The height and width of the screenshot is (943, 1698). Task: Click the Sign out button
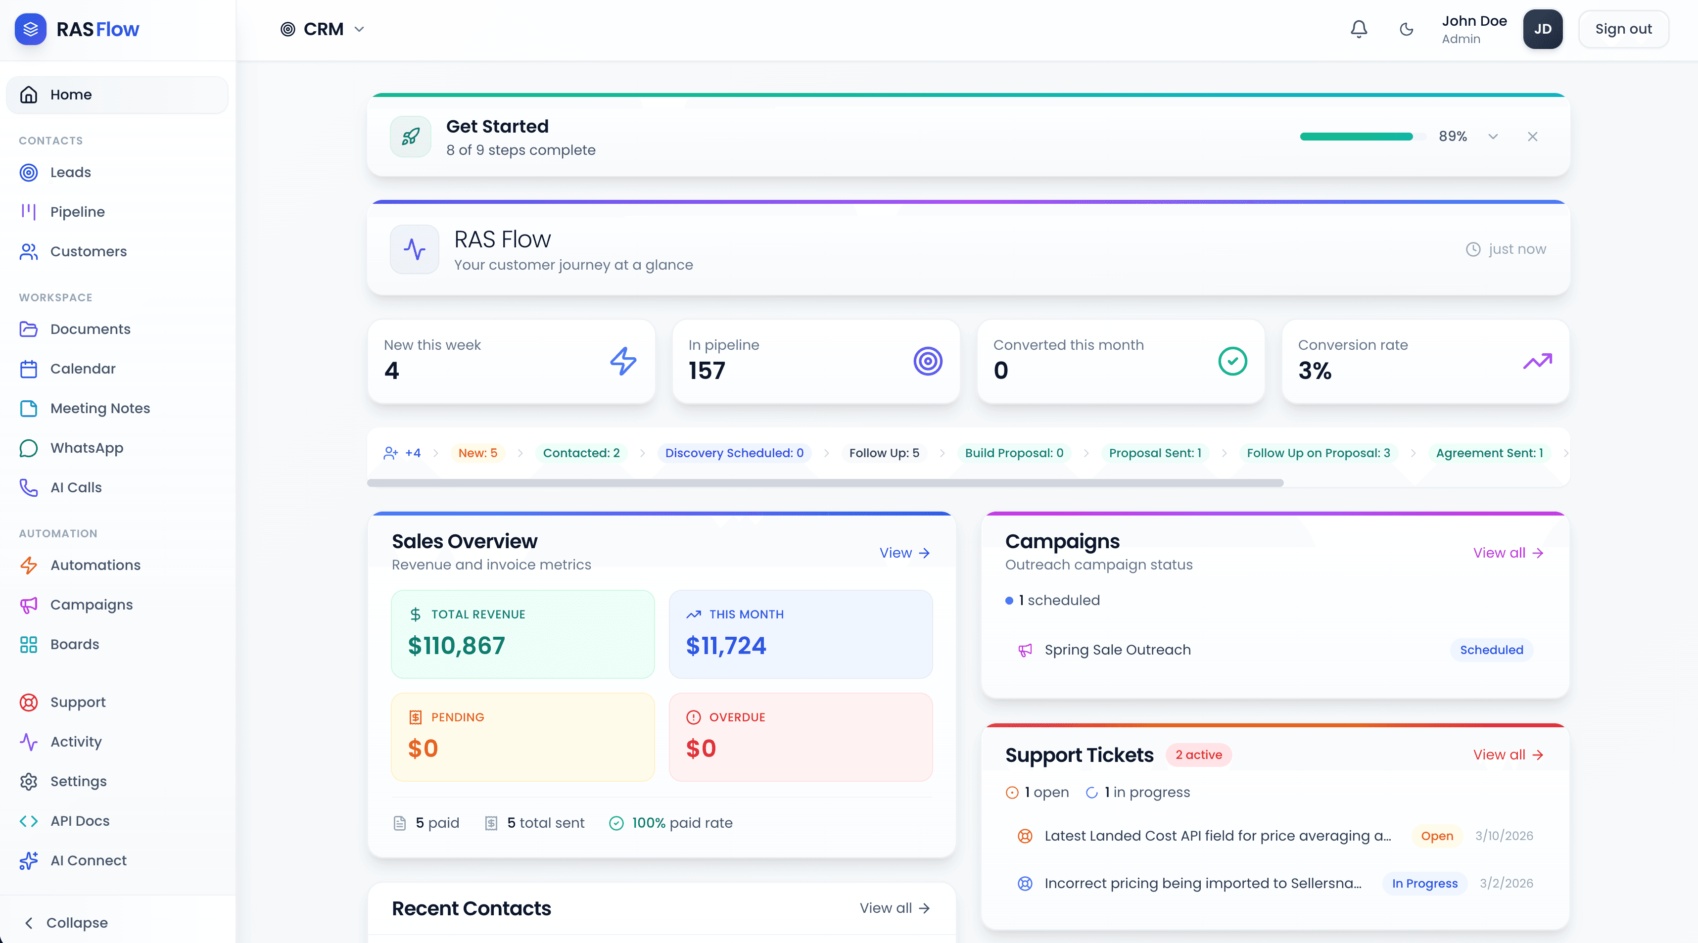pos(1623,29)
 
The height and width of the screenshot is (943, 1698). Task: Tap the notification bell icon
pos(1359,29)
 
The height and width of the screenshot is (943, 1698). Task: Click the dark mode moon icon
pos(1406,29)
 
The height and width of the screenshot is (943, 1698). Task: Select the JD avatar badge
pos(1542,29)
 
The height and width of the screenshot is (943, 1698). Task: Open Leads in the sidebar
pos(71,172)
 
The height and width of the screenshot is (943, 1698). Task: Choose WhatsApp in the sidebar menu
pos(87,447)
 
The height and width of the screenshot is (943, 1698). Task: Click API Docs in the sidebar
pos(80,820)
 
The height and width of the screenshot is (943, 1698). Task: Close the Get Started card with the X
pos(1532,137)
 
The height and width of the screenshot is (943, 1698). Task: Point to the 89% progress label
pos(1452,137)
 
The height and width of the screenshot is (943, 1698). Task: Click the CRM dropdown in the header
pos(323,29)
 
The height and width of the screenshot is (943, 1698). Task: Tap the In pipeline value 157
pos(707,371)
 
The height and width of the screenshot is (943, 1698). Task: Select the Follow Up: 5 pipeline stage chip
pos(883,453)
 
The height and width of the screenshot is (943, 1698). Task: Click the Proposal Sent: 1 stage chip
pos(1154,453)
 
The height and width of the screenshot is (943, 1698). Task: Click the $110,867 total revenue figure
pos(456,645)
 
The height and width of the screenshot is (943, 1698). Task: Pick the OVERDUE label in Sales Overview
pos(736,717)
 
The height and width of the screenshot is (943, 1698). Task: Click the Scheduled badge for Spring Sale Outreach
pos(1491,650)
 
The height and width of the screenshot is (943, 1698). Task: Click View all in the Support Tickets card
pos(1508,754)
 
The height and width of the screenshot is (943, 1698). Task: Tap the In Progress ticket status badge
pos(1424,883)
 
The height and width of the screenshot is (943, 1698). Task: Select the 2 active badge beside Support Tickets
pos(1198,754)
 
